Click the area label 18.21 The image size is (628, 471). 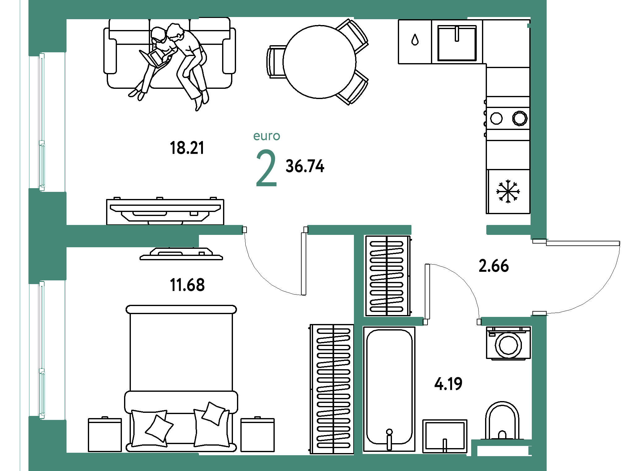tap(187, 148)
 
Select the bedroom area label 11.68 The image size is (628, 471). tap(187, 285)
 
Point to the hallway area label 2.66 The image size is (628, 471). tap(493, 266)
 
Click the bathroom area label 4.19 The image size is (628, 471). tap(448, 384)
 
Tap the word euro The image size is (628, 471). tap(267, 136)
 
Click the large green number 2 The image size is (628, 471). tap(266, 168)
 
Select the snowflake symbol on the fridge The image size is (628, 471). tap(508, 192)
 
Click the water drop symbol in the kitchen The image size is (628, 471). tap(415, 40)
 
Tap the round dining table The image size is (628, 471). tap(319, 62)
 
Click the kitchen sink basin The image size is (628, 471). tap(457, 43)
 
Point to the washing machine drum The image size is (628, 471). tap(508, 345)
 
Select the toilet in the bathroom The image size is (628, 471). tap(502, 421)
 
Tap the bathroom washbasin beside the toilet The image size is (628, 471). tap(445, 436)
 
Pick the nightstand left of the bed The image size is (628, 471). tap(105, 434)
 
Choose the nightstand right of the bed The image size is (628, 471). tap(257, 434)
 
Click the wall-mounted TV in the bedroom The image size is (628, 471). tap(181, 254)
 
